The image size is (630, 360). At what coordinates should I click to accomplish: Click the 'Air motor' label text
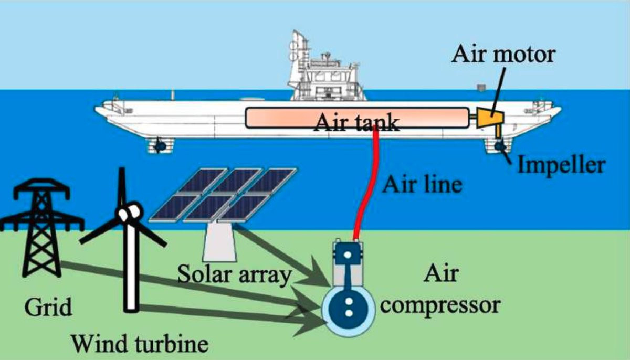click(503, 54)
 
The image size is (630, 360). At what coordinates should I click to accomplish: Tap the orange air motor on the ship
click(490, 120)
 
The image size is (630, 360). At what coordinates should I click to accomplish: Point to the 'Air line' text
click(423, 185)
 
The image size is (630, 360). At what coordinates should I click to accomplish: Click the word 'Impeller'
click(562, 165)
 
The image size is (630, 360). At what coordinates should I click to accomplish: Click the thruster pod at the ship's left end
click(160, 145)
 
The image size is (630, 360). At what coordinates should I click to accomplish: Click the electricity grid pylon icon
click(41, 227)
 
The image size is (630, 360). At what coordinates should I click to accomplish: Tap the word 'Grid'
click(48, 307)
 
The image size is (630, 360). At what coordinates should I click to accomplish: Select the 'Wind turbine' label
click(140, 343)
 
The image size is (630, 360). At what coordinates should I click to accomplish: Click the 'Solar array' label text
click(235, 274)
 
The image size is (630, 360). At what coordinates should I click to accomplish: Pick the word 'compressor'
click(440, 306)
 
